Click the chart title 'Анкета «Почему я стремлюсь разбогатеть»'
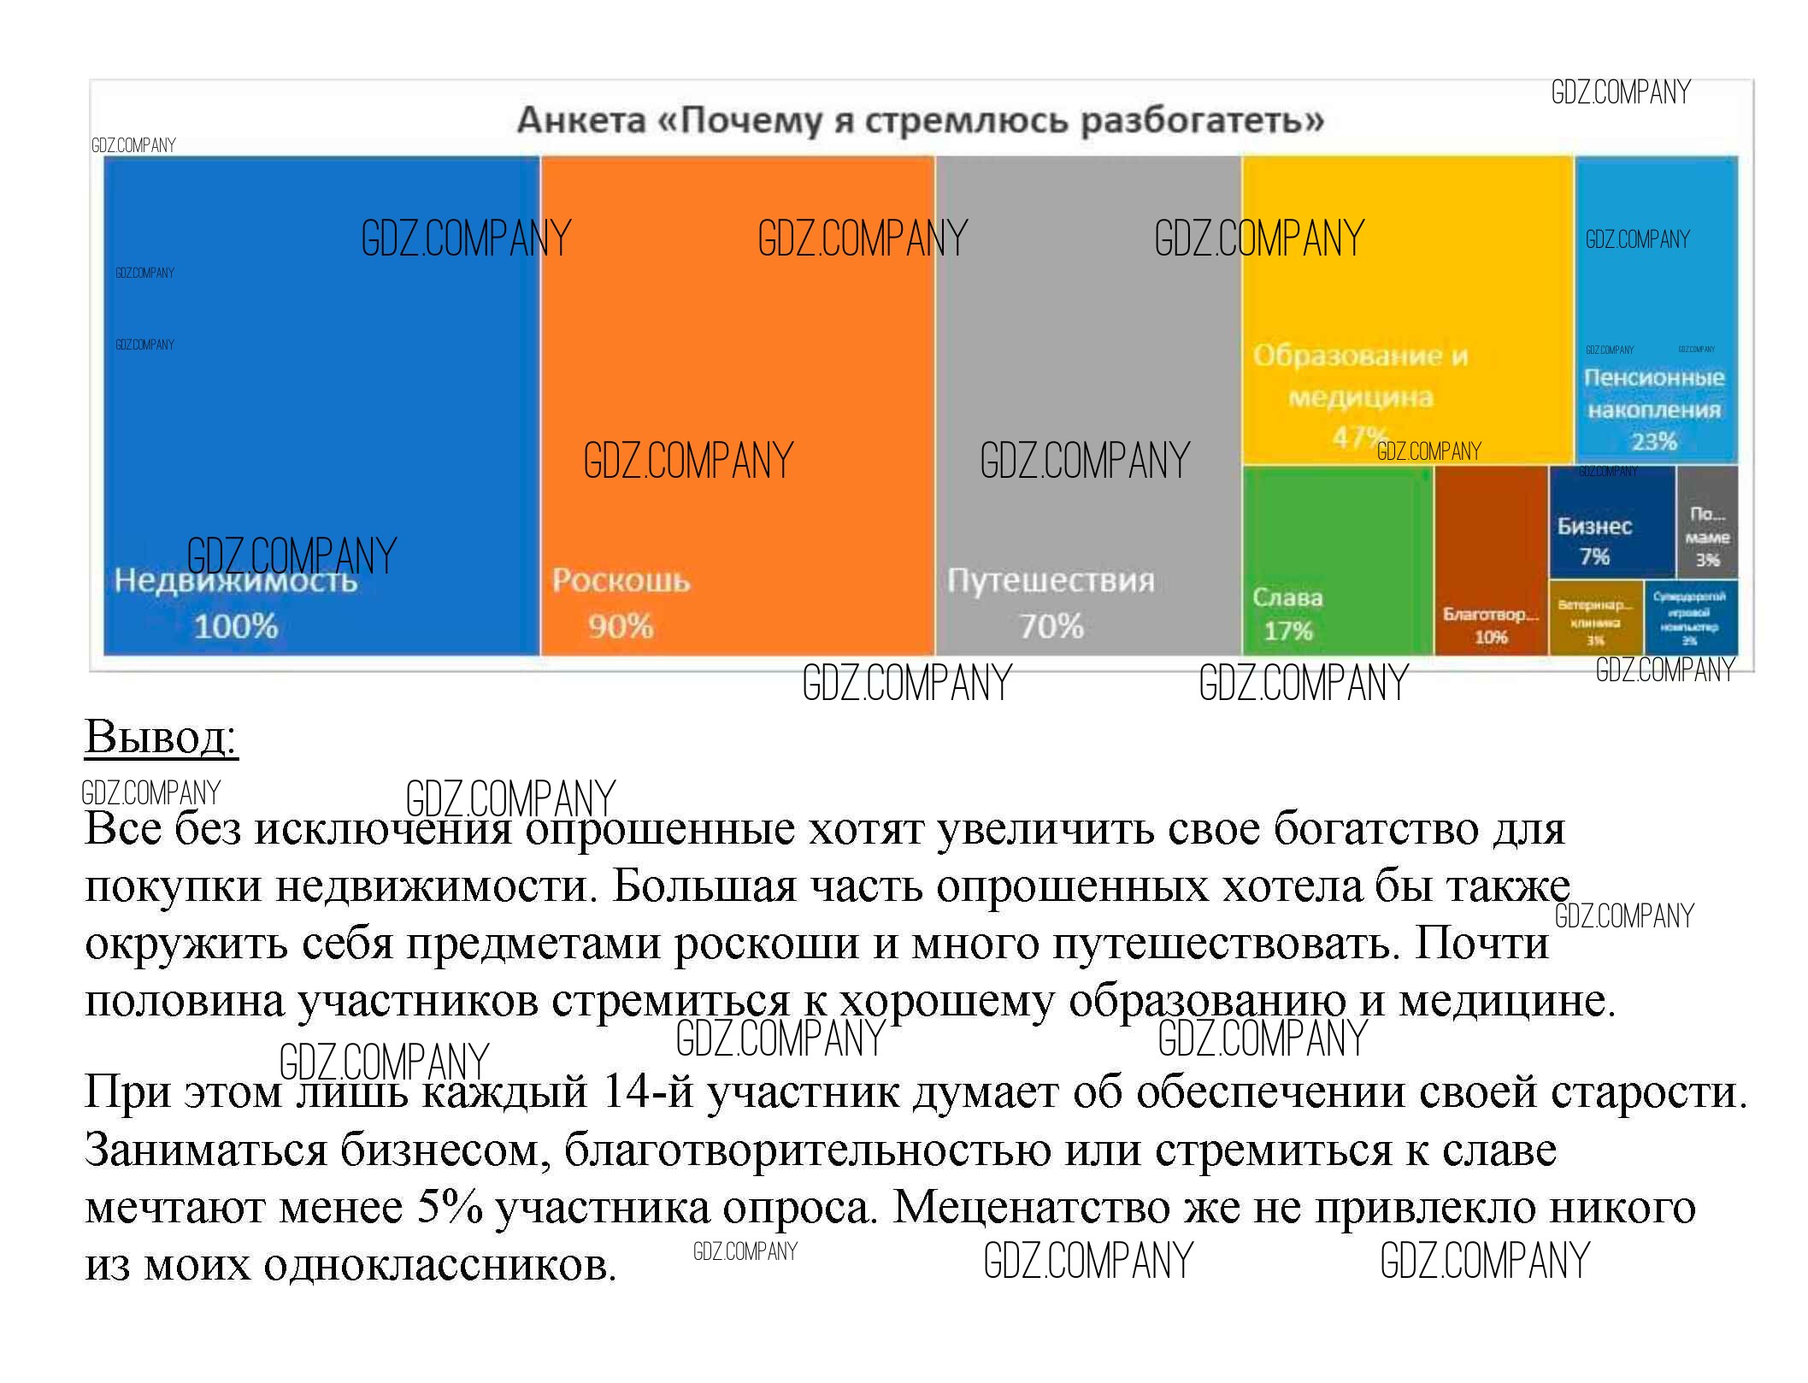click(920, 120)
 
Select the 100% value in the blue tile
click(236, 627)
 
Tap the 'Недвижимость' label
click(236, 581)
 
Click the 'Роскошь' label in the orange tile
click(621, 581)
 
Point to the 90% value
click(621, 627)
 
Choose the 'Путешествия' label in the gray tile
click(1051, 581)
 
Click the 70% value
click(1051, 627)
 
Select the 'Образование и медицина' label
click(1360, 376)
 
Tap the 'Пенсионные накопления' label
click(1654, 393)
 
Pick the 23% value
click(1654, 442)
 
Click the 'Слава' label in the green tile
click(1287, 597)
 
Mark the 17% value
click(1288, 632)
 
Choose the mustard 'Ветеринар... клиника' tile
click(1595, 619)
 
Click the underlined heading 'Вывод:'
click(161, 736)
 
